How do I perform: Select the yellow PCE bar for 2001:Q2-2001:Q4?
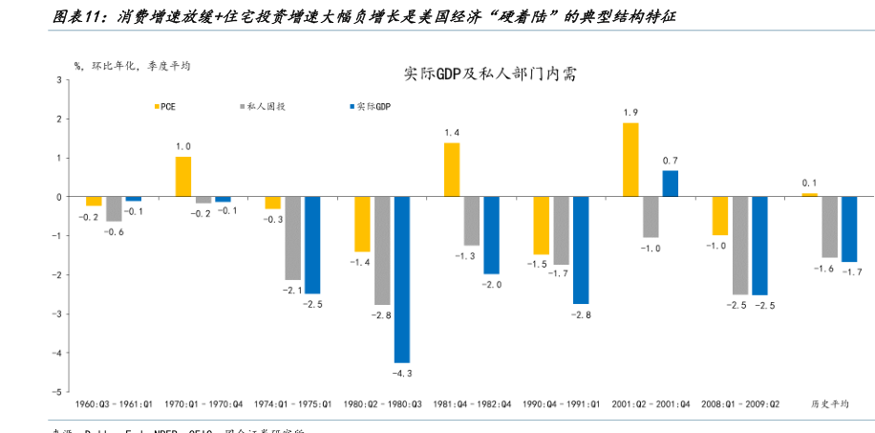point(630,160)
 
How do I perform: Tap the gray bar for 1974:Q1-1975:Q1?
point(292,238)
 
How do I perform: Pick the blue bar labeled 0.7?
point(671,184)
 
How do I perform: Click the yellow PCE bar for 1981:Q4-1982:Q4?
point(452,170)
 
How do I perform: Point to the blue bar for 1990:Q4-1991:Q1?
point(581,250)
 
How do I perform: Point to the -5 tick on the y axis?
point(59,393)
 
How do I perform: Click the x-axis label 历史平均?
point(829,404)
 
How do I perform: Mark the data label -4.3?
point(403,373)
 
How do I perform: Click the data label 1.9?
point(630,113)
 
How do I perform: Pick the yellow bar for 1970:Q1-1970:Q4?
point(183,177)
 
